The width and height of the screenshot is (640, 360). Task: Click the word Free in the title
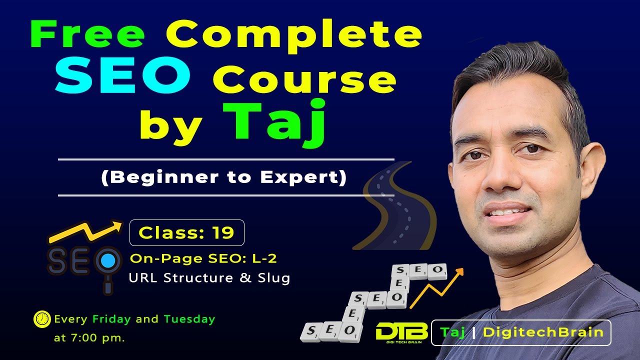coord(87,34)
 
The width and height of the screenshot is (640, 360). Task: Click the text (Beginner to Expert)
coord(223,177)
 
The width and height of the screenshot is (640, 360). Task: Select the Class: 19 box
coord(186,233)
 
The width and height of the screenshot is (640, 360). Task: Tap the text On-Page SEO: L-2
coord(203,258)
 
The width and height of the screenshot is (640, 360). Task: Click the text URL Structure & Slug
coord(209,277)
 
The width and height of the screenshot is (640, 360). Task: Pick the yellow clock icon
coord(41,319)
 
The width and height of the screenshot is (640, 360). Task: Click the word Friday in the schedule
coord(111,319)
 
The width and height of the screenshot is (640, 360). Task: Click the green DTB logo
coord(401,332)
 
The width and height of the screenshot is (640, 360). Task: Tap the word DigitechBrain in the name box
coord(543,332)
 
